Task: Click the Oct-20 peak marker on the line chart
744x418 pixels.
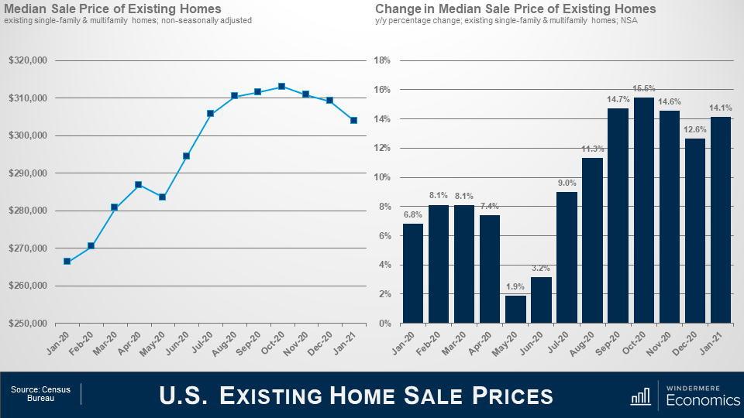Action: (x=281, y=87)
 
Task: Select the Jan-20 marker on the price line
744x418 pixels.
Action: (x=67, y=261)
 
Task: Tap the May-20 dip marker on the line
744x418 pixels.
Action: (x=162, y=197)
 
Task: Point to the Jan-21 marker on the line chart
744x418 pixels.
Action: (x=353, y=120)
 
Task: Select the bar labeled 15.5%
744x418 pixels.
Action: (x=644, y=210)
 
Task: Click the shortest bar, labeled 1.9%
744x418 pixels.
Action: (x=515, y=309)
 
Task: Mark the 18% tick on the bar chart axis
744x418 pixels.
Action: (x=381, y=60)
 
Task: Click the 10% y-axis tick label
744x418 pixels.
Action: (x=381, y=177)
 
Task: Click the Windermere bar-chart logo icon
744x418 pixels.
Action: (x=641, y=396)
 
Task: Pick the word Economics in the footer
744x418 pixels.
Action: (x=703, y=400)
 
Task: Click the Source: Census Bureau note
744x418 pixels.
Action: (x=40, y=394)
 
